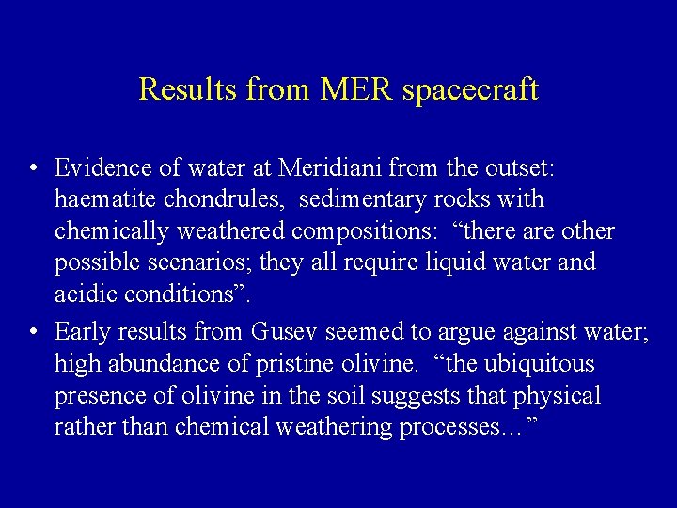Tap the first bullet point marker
pyautogui.click(x=33, y=169)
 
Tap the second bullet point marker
pyautogui.click(x=33, y=332)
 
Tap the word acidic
pyautogui.click(x=86, y=294)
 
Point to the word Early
pyautogui.click(x=84, y=332)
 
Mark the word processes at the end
pyautogui.click(x=462, y=428)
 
